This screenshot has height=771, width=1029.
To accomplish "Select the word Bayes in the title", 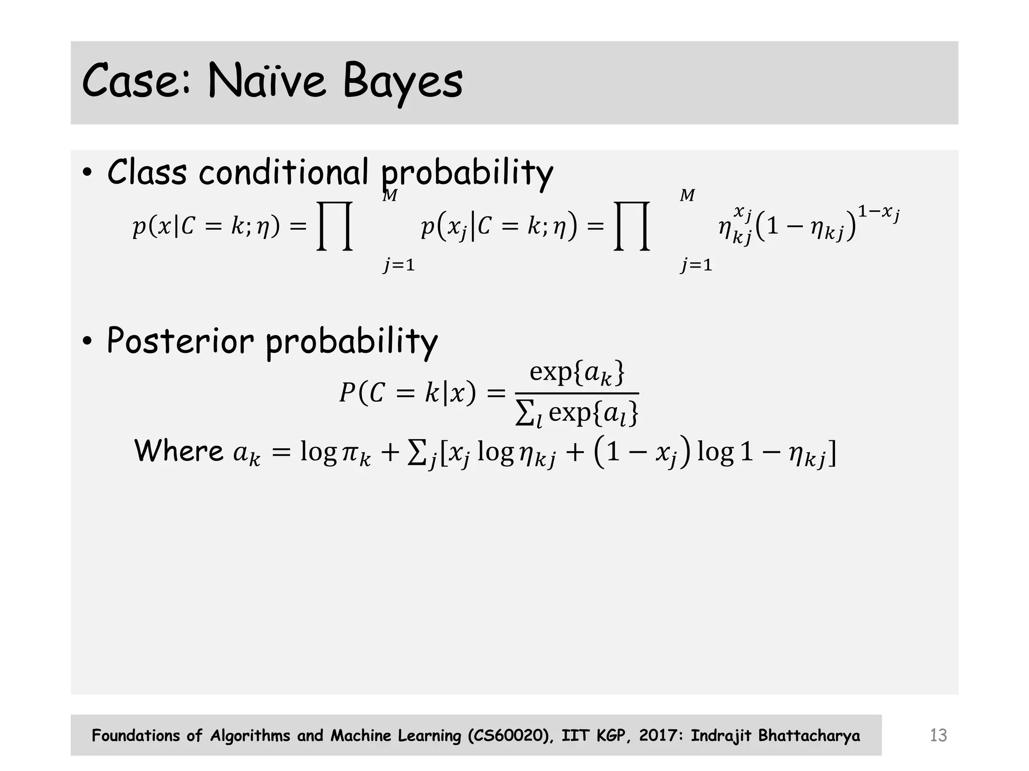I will tap(402, 81).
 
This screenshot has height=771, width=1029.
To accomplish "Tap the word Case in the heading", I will tap(136, 80).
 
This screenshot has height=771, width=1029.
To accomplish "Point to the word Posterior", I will tap(180, 341).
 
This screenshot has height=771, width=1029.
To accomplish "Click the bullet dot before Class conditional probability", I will tap(87, 174).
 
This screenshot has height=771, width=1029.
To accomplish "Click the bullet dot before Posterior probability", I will tap(87, 342).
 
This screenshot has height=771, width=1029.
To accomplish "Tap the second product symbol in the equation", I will tap(632, 226).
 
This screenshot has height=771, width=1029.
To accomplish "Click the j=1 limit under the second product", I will tap(696, 265).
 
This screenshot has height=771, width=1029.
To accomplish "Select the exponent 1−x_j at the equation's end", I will tap(878, 213).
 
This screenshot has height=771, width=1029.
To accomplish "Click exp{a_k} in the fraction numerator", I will tap(577, 373).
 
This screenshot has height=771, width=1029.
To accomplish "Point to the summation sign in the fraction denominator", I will tap(525, 414).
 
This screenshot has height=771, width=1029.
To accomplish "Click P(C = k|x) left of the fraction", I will tap(407, 393).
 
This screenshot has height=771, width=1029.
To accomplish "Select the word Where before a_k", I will tap(178, 450).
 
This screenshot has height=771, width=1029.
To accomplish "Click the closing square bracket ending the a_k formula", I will tap(832, 453).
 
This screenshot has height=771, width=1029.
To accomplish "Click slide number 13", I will tap(938, 735).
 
